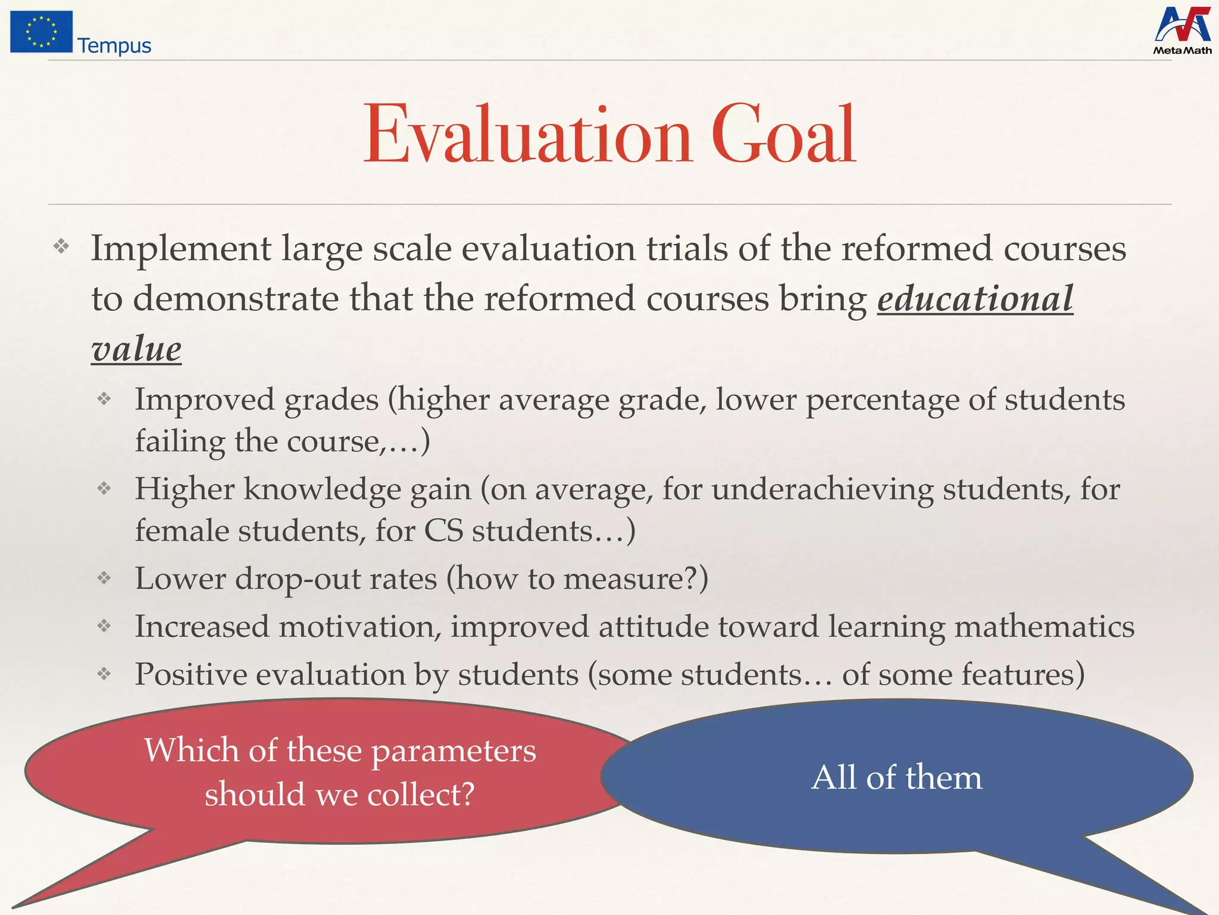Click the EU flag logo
[41, 32]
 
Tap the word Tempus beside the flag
[114, 46]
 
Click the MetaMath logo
[1182, 31]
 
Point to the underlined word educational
[975, 298]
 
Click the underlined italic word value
[136, 348]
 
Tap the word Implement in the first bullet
[181, 249]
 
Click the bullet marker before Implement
[61, 246]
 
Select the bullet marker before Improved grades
[105, 399]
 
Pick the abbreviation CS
[443, 531]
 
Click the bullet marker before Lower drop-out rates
[105, 577]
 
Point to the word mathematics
[1044, 627]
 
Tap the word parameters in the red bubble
[454, 752]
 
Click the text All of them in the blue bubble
[896, 777]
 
